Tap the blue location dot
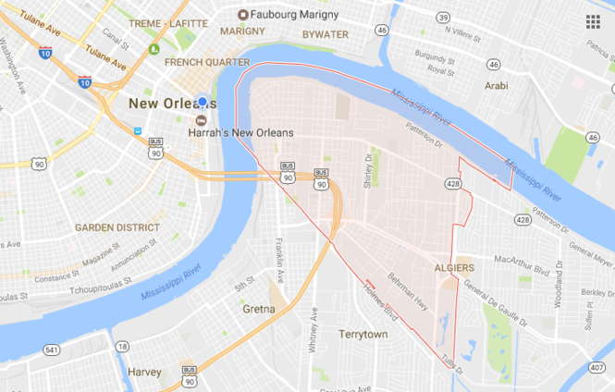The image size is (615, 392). pos(202,102)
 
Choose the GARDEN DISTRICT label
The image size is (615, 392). pos(117,227)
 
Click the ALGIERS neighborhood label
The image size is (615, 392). pos(454,268)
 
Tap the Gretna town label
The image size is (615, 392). pos(259,309)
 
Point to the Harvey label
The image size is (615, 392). pos(144,373)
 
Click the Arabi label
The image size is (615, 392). pos(496,86)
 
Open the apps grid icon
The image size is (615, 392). pos(592,21)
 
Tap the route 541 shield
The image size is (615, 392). pos(52,349)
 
